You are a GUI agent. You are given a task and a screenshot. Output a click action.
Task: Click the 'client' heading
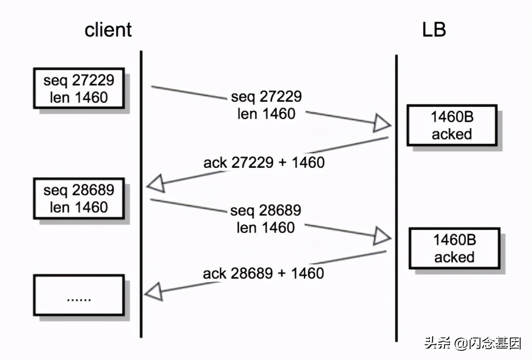click(x=108, y=30)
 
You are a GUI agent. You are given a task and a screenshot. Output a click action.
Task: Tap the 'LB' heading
click(x=434, y=30)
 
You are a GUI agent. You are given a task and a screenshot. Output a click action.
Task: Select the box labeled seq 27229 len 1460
click(x=79, y=88)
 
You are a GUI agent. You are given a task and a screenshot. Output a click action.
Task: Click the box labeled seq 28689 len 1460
click(x=79, y=198)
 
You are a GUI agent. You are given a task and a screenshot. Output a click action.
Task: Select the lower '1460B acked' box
click(x=454, y=248)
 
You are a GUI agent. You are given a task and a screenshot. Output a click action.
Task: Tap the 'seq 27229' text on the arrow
click(x=266, y=96)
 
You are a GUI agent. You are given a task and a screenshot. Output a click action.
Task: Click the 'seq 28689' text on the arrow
click(x=266, y=210)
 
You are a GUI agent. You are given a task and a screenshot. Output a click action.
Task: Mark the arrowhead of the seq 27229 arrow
click(x=382, y=124)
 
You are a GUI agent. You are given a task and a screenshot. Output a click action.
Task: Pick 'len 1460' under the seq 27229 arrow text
click(x=266, y=114)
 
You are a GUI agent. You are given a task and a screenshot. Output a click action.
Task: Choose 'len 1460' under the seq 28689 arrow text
click(x=266, y=227)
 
